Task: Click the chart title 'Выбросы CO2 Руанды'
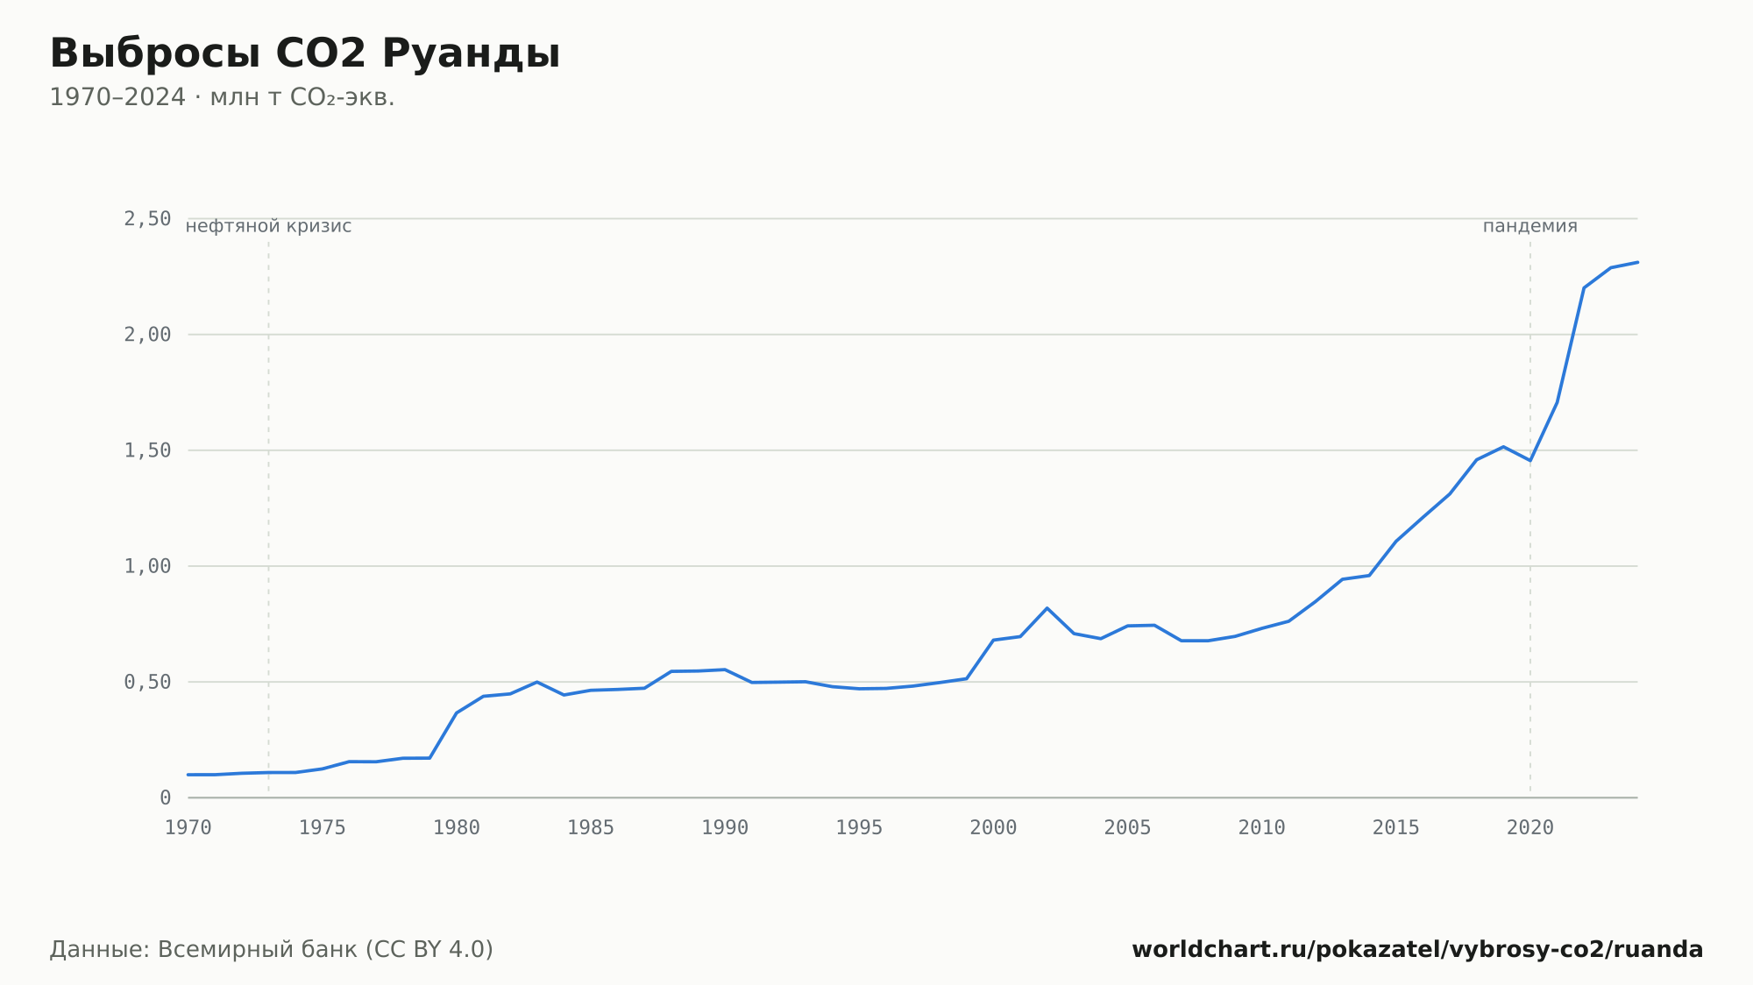coord(304,53)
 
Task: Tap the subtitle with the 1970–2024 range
coord(222,97)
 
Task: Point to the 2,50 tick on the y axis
coord(147,219)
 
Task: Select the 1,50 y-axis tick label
coord(147,450)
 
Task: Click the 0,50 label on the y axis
coord(147,682)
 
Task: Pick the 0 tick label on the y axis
coord(166,797)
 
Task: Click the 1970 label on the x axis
coord(188,828)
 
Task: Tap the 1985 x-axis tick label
coord(591,828)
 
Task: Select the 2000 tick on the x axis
coord(993,828)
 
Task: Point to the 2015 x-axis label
coord(1396,828)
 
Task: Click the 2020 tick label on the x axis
coord(1530,828)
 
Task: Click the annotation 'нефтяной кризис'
coord(268,226)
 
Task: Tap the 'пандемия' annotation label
coord(1530,226)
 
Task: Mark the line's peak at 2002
coord(1047,608)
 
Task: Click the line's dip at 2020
coord(1530,461)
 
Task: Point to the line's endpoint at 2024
coord(1637,262)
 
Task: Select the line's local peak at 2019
coord(1503,447)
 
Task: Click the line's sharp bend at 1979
coord(429,758)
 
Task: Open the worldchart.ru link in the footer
coord(1417,950)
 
